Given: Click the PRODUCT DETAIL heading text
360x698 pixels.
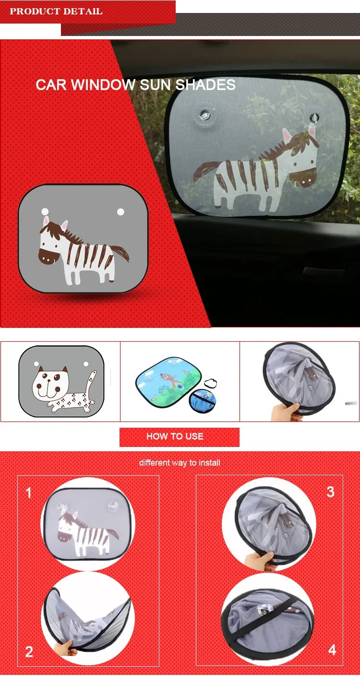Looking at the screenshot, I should [x=56, y=12].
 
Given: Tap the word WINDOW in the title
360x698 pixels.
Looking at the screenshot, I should [x=103, y=85].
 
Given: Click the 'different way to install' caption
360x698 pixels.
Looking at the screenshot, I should [x=180, y=463].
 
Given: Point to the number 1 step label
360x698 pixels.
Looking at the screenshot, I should [x=28, y=493].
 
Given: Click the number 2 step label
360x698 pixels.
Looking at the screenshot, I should [x=29, y=651].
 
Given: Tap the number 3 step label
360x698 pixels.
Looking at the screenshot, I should [x=330, y=492].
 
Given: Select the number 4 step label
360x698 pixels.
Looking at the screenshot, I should [x=332, y=650].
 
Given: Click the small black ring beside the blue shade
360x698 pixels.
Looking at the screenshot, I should [x=210, y=384].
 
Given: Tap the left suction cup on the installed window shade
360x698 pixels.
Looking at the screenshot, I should [x=204, y=115].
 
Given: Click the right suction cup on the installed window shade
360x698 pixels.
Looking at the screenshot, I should [x=314, y=117].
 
